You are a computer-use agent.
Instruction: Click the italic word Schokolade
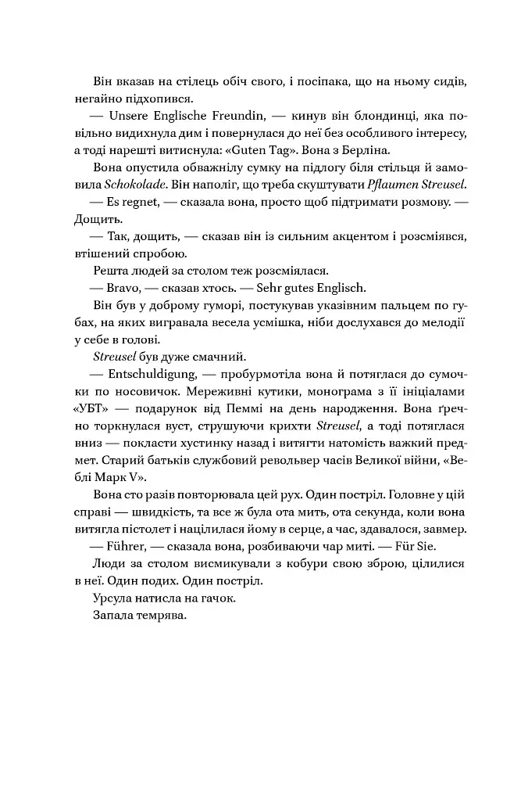coord(114,184)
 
